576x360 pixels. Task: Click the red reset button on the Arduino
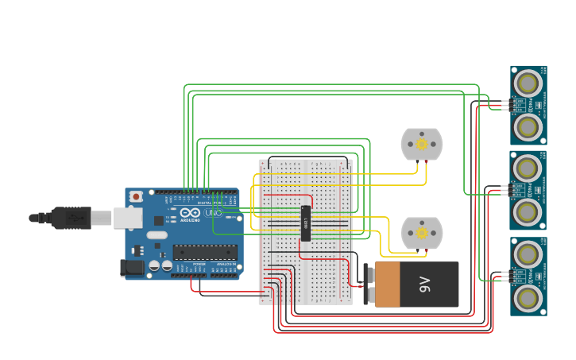tap(136, 195)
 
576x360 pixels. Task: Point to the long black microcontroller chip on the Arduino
tap(204, 252)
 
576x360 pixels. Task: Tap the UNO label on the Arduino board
tap(213, 212)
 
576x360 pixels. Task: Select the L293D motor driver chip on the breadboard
tap(305, 223)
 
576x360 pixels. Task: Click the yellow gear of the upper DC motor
tap(421, 145)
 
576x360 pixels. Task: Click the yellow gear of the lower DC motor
tap(421, 234)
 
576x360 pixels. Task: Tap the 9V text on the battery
tap(425, 285)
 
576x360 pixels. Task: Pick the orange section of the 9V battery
tap(388, 285)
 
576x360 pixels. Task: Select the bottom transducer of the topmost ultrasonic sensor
tap(528, 126)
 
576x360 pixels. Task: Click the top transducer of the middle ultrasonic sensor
tap(528, 168)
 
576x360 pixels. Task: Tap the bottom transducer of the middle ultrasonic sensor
tap(528, 211)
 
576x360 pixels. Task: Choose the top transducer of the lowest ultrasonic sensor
tap(528, 254)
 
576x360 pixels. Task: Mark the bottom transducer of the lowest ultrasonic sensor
tap(528, 297)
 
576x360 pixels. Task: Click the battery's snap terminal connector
tap(369, 285)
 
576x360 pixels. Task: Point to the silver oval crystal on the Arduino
tap(157, 234)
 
